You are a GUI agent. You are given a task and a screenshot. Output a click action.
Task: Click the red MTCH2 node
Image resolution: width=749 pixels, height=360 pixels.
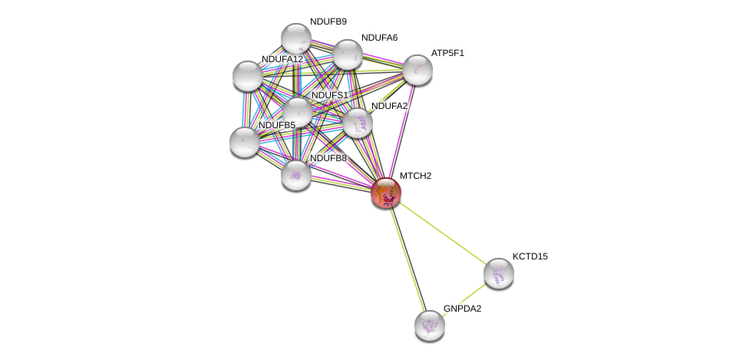[x=385, y=193]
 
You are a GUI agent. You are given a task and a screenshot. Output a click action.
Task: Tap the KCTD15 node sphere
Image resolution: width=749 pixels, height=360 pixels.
[x=498, y=272]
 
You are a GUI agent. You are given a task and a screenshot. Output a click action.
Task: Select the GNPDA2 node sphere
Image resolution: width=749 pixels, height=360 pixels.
[x=429, y=325]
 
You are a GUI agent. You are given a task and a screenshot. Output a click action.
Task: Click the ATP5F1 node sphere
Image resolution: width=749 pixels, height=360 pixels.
[x=417, y=70]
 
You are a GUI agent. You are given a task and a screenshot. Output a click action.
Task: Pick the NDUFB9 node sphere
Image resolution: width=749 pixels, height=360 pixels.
[x=295, y=38]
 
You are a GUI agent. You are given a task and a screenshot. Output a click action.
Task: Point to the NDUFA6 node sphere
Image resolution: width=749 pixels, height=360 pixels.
[x=347, y=54]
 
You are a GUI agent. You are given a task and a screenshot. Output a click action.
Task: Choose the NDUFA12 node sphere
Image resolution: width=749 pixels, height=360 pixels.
[x=247, y=75]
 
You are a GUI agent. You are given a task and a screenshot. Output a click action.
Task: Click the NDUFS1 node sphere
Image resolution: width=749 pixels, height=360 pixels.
[x=297, y=112]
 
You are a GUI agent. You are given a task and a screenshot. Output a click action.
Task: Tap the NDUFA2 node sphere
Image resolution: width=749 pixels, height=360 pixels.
[x=357, y=123]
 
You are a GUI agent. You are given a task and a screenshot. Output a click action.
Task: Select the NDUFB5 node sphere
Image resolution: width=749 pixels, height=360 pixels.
[x=244, y=141]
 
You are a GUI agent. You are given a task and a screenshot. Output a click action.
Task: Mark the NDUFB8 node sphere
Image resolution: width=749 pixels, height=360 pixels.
[x=295, y=175]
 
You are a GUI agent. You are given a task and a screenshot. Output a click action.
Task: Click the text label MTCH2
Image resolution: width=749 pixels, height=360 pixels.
[x=415, y=176]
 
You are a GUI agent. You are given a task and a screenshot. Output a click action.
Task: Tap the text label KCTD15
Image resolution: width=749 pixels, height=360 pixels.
[x=530, y=256]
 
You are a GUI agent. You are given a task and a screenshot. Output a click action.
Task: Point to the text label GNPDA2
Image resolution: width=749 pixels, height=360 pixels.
[x=462, y=309]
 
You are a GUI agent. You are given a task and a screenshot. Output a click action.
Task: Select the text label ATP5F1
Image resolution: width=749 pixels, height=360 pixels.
[x=447, y=53]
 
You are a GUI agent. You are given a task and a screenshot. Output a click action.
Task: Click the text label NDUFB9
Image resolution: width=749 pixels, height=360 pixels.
[x=328, y=21]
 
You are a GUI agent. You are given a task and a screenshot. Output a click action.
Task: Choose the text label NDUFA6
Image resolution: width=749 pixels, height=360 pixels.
[x=379, y=38]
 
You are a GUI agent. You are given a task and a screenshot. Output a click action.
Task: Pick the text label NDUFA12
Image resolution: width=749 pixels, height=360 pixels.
[x=282, y=59]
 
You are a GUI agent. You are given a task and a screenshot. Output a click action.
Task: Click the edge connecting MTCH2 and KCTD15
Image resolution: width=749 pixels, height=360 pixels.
[x=441, y=233]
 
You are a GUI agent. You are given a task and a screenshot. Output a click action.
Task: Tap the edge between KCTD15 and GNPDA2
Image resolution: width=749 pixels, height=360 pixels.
[x=464, y=299]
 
